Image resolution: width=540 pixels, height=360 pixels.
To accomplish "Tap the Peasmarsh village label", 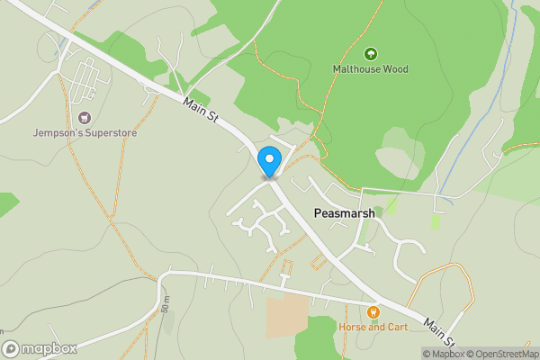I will (344, 213).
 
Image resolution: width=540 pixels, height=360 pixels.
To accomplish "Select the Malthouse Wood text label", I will (370, 69).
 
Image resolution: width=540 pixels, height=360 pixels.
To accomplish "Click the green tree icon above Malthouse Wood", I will (370, 54).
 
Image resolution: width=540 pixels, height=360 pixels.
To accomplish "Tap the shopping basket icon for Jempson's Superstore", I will (85, 118).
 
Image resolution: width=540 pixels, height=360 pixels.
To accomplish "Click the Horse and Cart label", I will (373, 327).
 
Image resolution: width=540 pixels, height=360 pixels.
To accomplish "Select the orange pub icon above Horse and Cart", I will (373, 311).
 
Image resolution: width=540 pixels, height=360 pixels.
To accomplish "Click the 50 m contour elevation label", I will (166, 303).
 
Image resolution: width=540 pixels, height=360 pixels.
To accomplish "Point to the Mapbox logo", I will (39, 348).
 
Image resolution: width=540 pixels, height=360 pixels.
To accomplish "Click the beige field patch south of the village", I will (286, 317).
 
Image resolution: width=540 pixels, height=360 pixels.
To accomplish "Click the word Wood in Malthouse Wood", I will (394, 69).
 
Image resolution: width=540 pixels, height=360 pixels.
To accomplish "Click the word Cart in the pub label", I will (395, 327).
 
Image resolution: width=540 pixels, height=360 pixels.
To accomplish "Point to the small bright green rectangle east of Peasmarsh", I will (436, 221).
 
